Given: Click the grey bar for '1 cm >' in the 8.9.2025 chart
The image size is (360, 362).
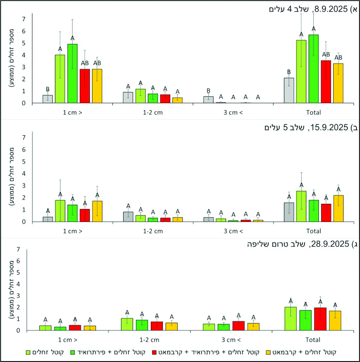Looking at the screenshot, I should pos(48,99).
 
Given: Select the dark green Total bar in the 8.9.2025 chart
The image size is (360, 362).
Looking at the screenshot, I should pos(314,69).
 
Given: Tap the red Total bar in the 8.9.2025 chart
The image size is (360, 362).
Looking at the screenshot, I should pos(326,82).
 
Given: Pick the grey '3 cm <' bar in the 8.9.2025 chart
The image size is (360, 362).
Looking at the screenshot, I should pos(209,100).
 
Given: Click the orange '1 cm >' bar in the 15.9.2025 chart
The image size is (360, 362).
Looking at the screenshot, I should pos(97,211).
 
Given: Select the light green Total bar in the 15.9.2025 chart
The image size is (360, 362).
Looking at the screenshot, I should pos(301,206).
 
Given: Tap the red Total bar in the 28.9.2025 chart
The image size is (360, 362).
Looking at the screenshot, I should pos(320,319).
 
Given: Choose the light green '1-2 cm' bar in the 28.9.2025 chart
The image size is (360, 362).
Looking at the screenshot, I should pos(127,324).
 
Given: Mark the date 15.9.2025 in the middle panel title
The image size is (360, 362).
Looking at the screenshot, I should pos(330,127).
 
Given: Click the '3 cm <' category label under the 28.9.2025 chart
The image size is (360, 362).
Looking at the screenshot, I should pos(231,339).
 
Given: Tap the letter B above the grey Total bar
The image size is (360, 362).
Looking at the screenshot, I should pos(289,72).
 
